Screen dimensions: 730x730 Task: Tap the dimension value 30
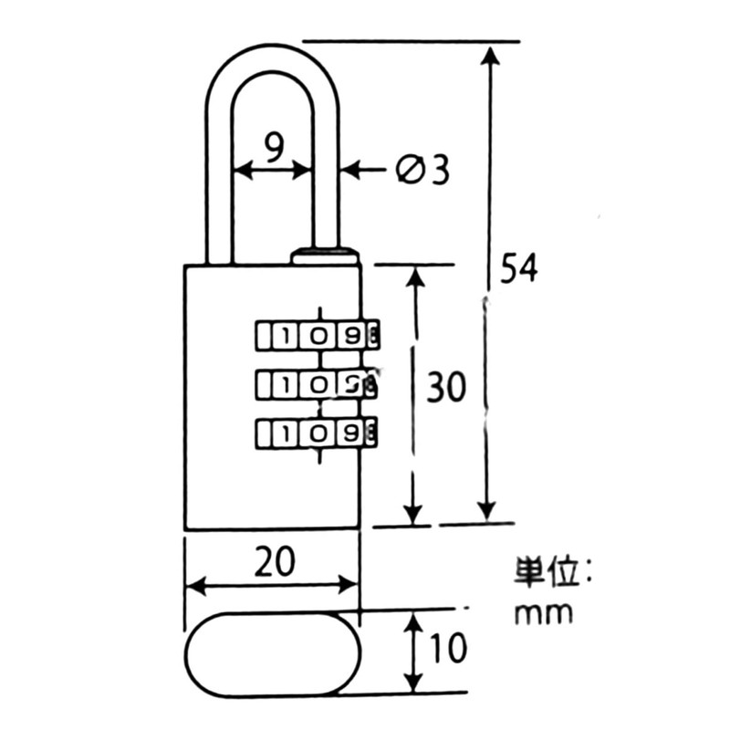(447, 389)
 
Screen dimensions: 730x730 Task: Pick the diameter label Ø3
(422, 170)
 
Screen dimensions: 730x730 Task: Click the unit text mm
(544, 612)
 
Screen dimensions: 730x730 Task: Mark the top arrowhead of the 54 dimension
(490, 53)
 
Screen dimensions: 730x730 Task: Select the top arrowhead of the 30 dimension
(415, 276)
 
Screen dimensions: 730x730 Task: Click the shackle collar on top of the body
(325, 255)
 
